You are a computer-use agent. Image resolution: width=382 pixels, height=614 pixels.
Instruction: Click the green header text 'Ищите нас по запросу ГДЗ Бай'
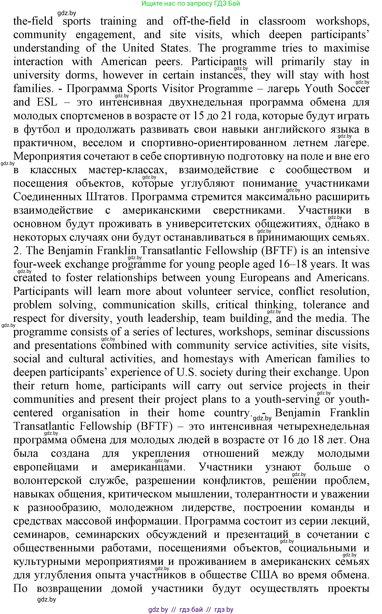click(x=190, y=4)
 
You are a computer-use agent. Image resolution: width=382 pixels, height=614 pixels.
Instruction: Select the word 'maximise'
click(x=346, y=48)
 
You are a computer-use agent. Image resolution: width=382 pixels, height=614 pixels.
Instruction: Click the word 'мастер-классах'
click(x=128, y=170)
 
